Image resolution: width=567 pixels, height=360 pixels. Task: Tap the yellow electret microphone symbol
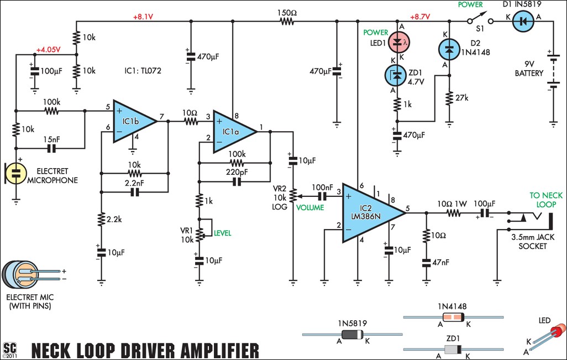tap(15, 172)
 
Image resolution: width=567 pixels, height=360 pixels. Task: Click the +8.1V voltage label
tap(143, 17)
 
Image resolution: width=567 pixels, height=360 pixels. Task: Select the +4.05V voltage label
tap(49, 50)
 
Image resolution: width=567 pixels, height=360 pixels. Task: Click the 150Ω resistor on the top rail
tap(287, 22)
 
